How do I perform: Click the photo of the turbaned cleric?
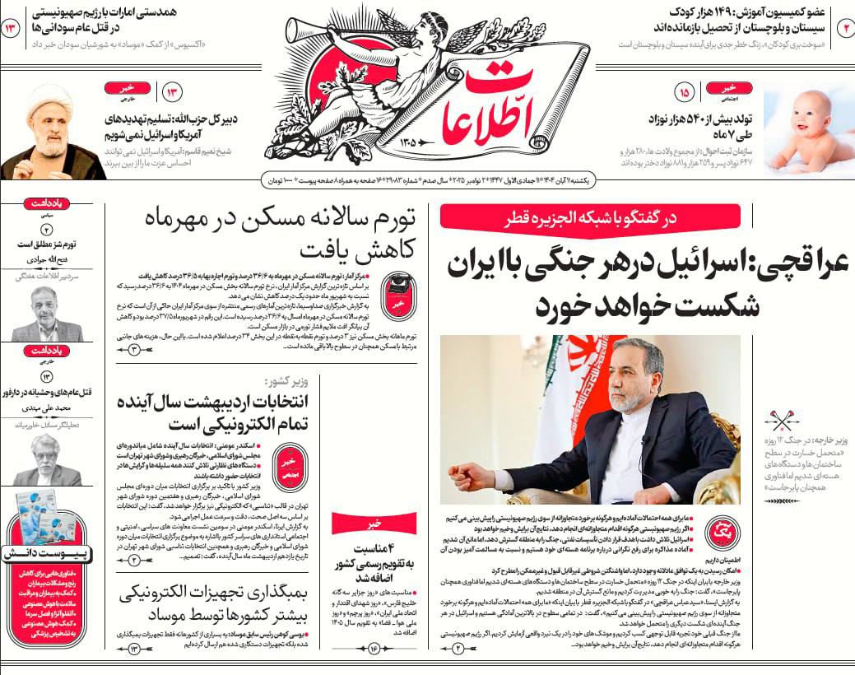[51, 132]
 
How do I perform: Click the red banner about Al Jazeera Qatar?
[589, 216]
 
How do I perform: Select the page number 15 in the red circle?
[683, 91]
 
